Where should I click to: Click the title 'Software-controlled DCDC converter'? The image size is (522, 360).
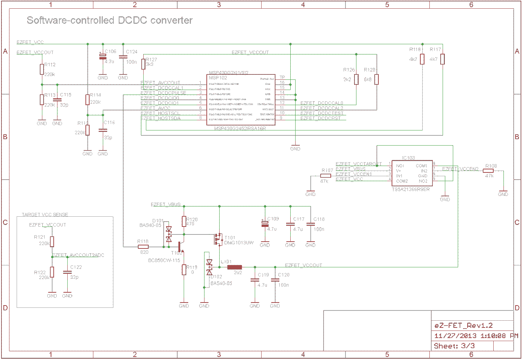(x=110, y=20)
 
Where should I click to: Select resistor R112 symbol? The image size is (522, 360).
(x=42, y=69)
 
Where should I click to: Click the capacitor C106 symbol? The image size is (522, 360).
(x=102, y=57)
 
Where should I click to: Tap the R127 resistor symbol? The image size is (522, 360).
(x=143, y=64)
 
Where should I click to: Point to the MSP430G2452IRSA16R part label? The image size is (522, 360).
(x=240, y=129)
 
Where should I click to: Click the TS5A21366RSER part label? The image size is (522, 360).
(x=410, y=189)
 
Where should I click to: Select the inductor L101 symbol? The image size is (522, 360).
(x=234, y=267)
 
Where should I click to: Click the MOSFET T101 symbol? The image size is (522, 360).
(x=218, y=239)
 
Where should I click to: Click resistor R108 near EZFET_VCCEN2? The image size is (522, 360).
(x=488, y=171)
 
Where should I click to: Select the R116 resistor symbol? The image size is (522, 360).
(x=422, y=59)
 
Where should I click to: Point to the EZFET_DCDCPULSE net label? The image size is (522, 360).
(x=163, y=93)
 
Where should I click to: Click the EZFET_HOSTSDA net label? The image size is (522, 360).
(x=161, y=118)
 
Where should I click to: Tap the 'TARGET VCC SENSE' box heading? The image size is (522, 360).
(x=45, y=215)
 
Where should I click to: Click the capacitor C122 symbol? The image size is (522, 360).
(x=67, y=272)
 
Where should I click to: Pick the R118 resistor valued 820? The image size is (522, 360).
(x=143, y=247)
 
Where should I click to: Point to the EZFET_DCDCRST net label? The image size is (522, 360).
(x=321, y=118)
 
